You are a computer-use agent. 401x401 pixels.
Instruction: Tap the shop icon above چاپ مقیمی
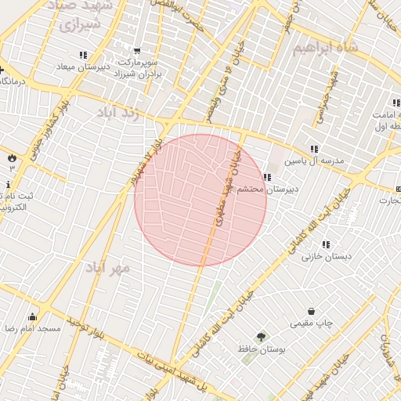point(312,311)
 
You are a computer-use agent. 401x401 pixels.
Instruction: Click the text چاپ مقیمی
point(312,323)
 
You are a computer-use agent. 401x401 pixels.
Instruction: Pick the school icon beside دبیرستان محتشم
point(267,178)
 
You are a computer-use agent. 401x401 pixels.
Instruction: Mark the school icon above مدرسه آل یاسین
point(314,149)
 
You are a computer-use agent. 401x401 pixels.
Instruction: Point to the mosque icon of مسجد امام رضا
point(32,316)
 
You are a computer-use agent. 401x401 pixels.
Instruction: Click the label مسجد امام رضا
point(32,329)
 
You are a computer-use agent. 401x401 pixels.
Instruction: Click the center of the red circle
point(200,199)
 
